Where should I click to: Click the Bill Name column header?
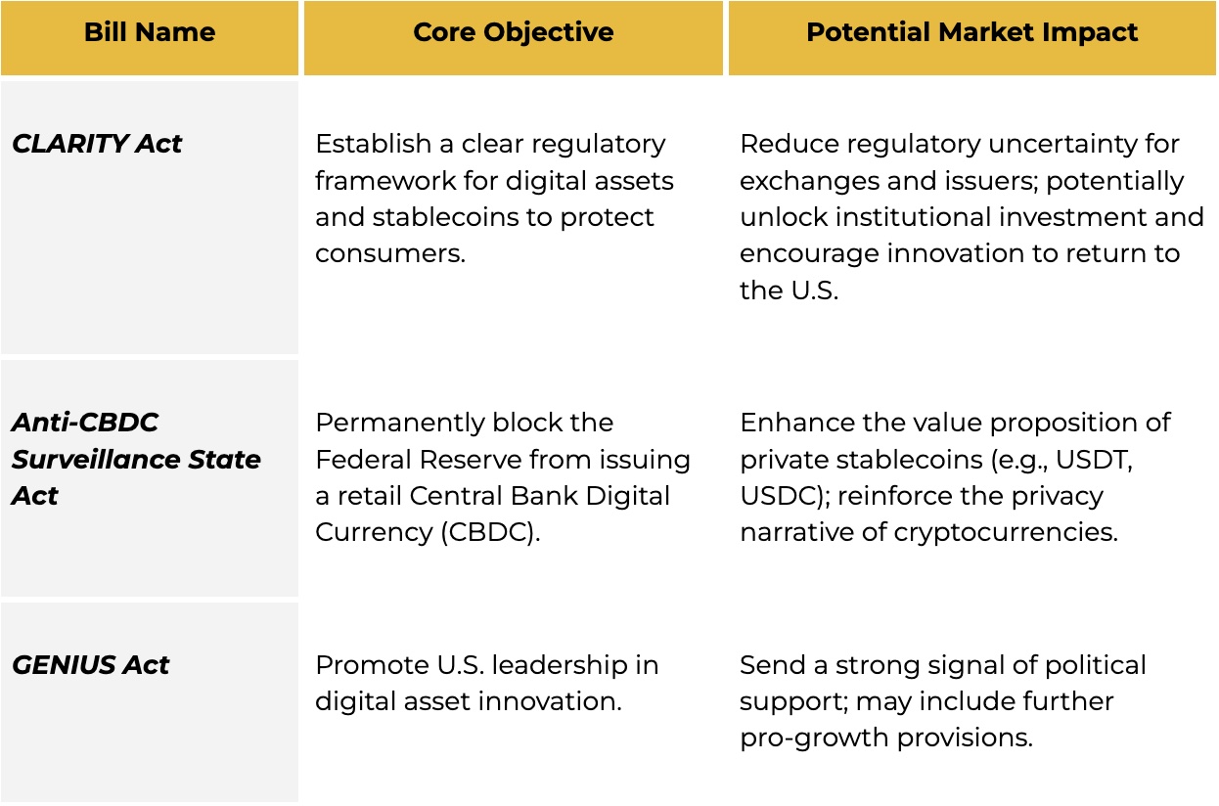[150, 32]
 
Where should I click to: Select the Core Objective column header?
[514, 32]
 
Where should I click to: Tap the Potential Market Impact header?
[971, 32]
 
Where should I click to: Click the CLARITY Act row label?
[97, 144]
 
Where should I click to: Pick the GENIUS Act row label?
[90, 665]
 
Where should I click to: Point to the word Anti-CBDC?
[85, 423]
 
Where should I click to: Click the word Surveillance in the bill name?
[96, 460]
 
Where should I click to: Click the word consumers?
[390, 253]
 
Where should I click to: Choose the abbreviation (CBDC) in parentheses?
[490, 532]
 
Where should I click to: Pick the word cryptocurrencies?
[1006, 533]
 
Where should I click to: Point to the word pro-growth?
[814, 739]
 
